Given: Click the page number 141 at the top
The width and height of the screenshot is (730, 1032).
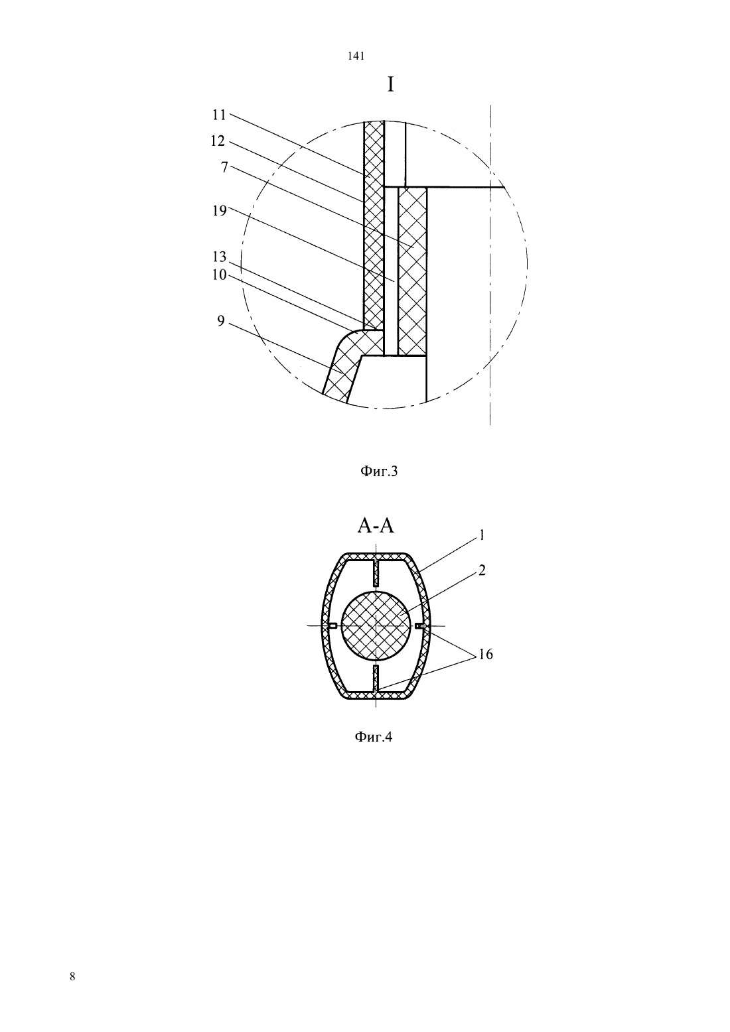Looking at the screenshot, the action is click(356, 56).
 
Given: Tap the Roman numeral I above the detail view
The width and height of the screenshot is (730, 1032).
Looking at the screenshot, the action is click(390, 85).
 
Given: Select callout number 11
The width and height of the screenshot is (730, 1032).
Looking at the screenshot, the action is click(220, 115).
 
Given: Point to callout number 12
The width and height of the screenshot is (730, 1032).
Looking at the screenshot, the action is click(218, 141).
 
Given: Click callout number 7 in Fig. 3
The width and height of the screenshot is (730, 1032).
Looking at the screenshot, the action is click(224, 167).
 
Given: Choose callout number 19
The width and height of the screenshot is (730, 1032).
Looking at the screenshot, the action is click(220, 210).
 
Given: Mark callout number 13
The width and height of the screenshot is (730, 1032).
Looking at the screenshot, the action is click(220, 257).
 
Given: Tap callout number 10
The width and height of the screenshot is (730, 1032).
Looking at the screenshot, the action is click(220, 275).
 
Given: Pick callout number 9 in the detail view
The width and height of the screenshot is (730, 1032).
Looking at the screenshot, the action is click(221, 321).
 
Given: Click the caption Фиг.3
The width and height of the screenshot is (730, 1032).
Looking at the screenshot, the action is click(378, 471).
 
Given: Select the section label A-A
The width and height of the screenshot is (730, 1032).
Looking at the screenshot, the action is click(376, 526).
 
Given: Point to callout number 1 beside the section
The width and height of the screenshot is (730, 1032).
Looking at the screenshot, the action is click(481, 535).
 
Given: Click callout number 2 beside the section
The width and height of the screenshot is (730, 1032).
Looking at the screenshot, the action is click(482, 570).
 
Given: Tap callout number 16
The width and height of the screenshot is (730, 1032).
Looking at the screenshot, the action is click(486, 654).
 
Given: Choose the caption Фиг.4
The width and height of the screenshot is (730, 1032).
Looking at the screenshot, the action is click(373, 737).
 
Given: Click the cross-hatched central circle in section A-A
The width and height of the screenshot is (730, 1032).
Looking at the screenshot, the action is click(376, 625).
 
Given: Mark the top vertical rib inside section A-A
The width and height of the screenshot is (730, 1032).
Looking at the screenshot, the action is click(376, 573).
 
